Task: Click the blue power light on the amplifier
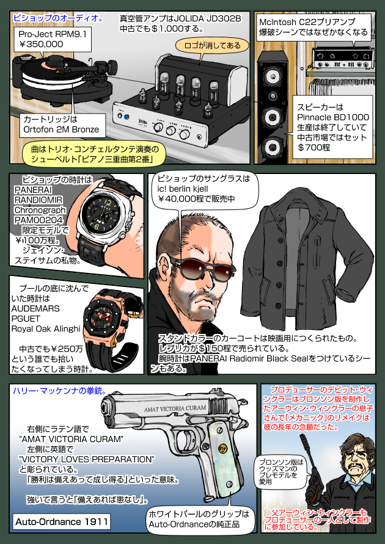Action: pos(127,117)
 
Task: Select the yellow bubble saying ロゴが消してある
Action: pos(212,45)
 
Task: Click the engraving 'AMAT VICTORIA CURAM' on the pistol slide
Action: pos(175,408)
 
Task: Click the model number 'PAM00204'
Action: pos(38,220)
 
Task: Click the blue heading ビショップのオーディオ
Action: pos(58,18)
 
